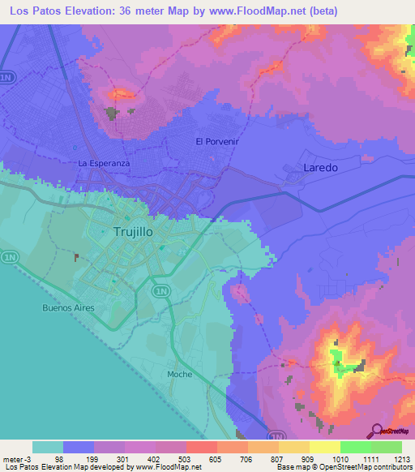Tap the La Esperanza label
point(104,163)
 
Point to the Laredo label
point(319,167)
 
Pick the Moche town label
point(179,374)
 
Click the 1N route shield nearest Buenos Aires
point(10,257)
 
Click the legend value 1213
point(391,460)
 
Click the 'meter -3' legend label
point(15,460)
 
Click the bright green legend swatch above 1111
point(356,447)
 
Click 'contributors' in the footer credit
point(391,467)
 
